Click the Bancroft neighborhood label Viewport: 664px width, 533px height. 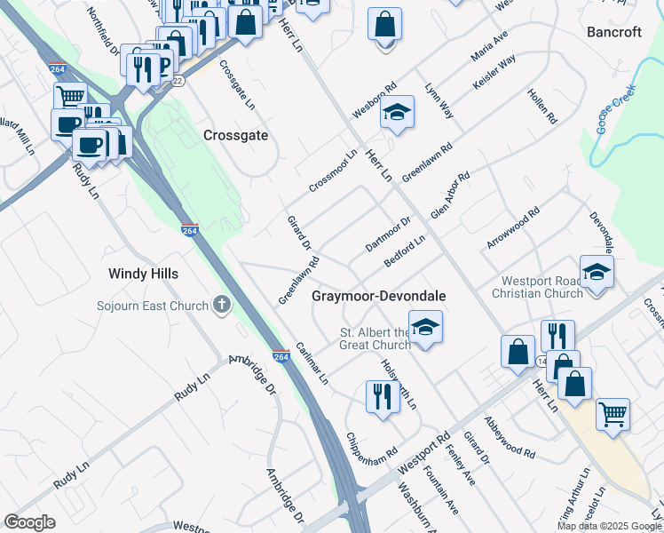[x=614, y=32]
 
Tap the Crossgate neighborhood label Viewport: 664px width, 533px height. [x=235, y=136]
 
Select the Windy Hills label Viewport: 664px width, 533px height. [x=143, y=274]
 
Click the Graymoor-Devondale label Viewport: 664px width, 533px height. [x=378, y=296]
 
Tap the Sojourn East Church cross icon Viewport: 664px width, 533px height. [x=221, y=306]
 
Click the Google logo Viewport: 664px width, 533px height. [x=29, y=522]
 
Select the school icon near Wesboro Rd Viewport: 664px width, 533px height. [x=398, y=113]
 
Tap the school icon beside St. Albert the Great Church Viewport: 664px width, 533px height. [x=425, y=328]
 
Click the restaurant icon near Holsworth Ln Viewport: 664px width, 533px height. [x=383, y=396]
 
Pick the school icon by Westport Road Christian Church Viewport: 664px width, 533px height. [x=597, y=274]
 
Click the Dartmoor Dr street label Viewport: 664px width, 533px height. [x=389, y=235]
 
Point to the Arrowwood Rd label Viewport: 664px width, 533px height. [x=513, y=229]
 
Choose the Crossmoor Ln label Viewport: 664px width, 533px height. [x=333, y=170]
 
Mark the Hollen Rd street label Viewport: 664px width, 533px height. [x=541, y=105]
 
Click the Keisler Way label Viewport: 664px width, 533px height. [x=495, y=78]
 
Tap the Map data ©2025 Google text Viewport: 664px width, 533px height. [x=609, y=526]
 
